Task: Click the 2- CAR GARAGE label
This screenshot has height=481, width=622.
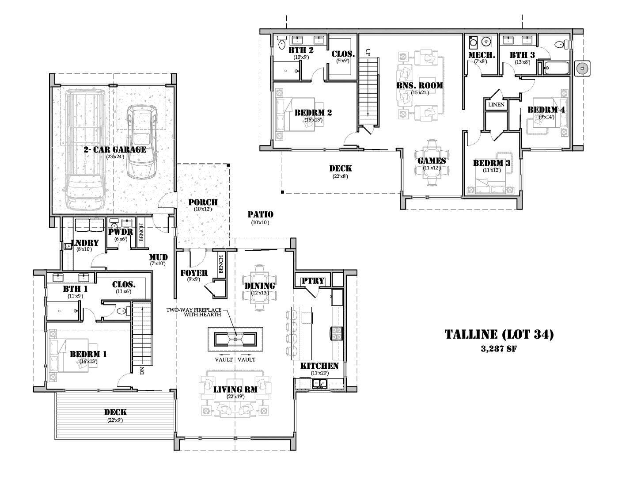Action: coord(115,149)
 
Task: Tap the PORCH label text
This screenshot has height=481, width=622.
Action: coord(203,202)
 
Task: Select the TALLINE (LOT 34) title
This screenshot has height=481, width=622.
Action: coord(499,334)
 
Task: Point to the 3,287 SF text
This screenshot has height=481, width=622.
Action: coord(499,348)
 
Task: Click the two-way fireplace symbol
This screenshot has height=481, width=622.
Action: coord(235,339)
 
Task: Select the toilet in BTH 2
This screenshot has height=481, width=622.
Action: coord(282,43)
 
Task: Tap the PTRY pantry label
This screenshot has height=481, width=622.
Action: coord(313,281)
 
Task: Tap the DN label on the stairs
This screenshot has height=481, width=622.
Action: coord(142,370)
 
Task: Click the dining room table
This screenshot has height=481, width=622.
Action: coord(260,287)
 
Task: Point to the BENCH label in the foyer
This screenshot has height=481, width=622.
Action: coord(220,264)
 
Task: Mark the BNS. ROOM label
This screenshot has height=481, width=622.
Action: coord(419,85)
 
